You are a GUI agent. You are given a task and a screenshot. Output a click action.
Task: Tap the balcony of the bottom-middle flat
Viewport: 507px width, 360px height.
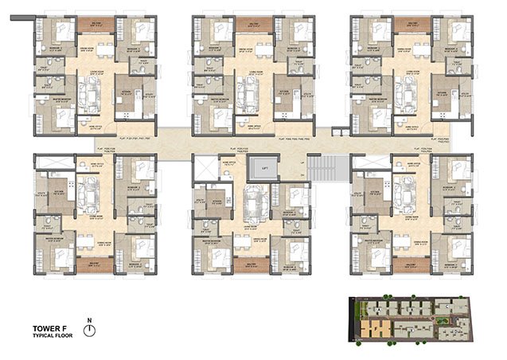tap(253, 264)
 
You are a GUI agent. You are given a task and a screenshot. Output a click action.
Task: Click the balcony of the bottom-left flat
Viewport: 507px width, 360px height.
tap(96, 264)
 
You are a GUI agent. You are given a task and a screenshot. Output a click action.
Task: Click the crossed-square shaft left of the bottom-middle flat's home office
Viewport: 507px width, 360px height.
tap(204, 168)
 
